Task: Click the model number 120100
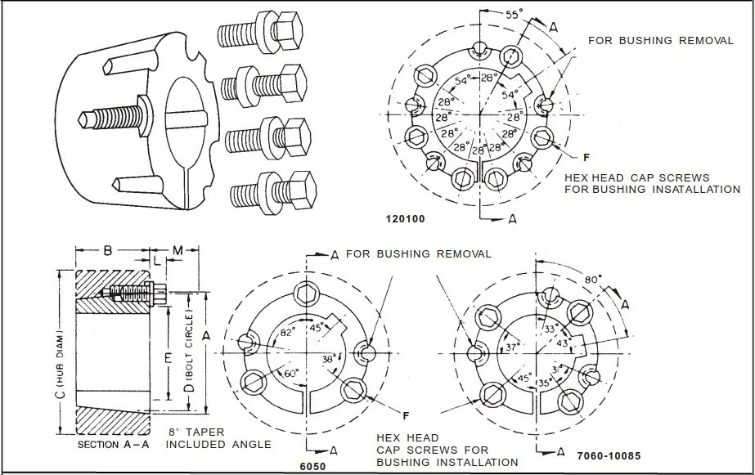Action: point(405,220)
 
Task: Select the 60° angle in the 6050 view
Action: point(289,373)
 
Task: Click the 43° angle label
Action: point(564,344)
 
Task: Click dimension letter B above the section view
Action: point(108,250)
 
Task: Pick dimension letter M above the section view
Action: point(177,249)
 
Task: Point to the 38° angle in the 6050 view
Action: point(327,359)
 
